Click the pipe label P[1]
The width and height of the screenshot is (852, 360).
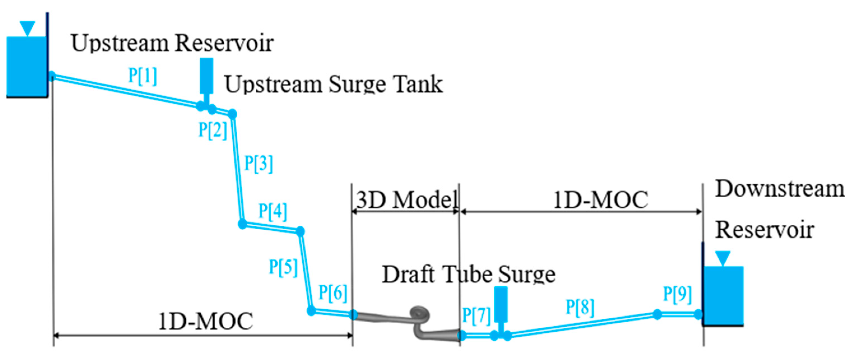pyautogui.click(x=143, y=76)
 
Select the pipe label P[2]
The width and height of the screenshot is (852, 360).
pyautogui.click(x=213, y=130)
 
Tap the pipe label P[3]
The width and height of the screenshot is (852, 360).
pyautogui.click(x=258, y=163)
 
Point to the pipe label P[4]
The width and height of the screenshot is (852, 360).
pyautogui.click(x=273, y=211)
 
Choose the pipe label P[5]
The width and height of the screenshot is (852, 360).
pyautogui.click(x=283, y=267)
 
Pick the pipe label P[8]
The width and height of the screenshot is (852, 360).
pyautogui.click(x=580, y=307)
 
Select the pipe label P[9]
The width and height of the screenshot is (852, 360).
pyautogui.click(x=677, y=294)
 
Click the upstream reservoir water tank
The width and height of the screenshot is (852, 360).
pyautogui.click(x=26, y=66)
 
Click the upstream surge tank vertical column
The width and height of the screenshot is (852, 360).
pyautogui.click(x=206, y=76)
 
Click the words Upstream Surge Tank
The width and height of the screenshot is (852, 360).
pyautogui.click(x=333, y=84)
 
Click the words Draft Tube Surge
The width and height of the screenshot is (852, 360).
pyautogui.click(x=468, y=275)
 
